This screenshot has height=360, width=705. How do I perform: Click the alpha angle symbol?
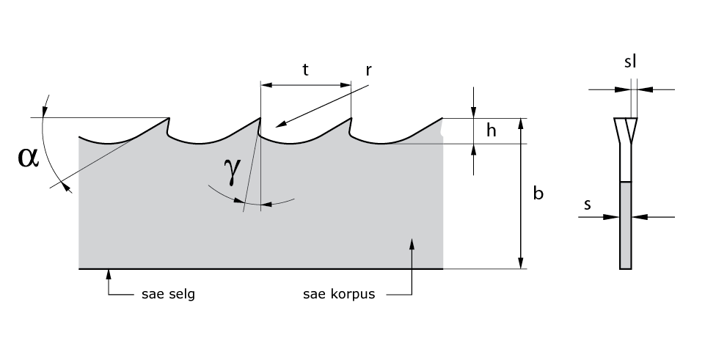click(28, 157)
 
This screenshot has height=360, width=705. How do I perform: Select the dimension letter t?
click(305, 70)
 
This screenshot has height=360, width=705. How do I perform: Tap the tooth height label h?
click(492, 131)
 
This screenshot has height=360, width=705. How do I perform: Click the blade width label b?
click(538, 194)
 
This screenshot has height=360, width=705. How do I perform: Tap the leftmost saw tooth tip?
click(169, 119)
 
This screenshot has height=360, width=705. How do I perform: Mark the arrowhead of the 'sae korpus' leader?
click(412, 242)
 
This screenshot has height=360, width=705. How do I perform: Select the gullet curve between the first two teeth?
click(213, 141)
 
